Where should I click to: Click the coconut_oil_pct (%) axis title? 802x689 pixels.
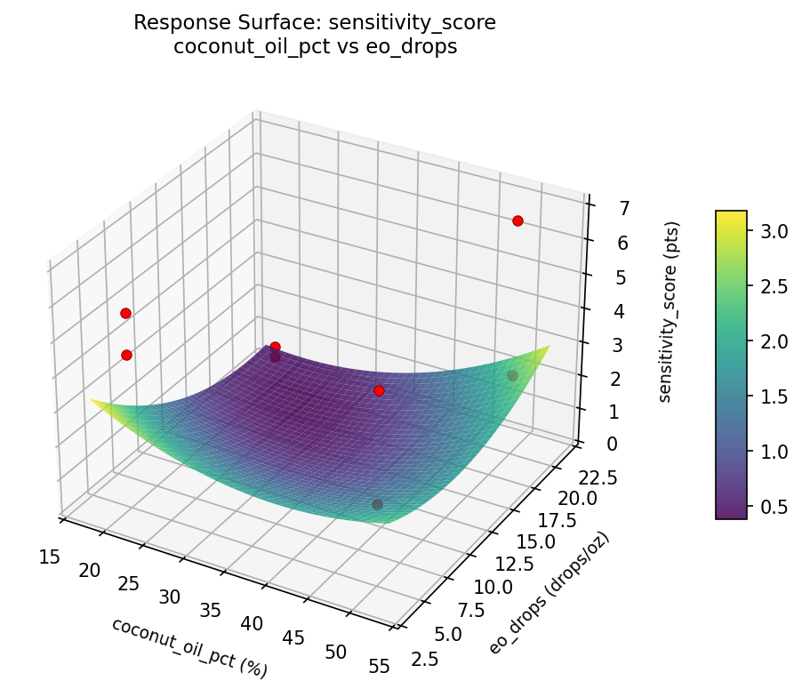[189, 646]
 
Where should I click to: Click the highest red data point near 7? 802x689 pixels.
[517, 220]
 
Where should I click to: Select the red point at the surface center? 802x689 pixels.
[379, 390]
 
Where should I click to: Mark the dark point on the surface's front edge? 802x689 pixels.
[377, 504]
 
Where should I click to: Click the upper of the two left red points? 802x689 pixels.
[125, 313]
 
